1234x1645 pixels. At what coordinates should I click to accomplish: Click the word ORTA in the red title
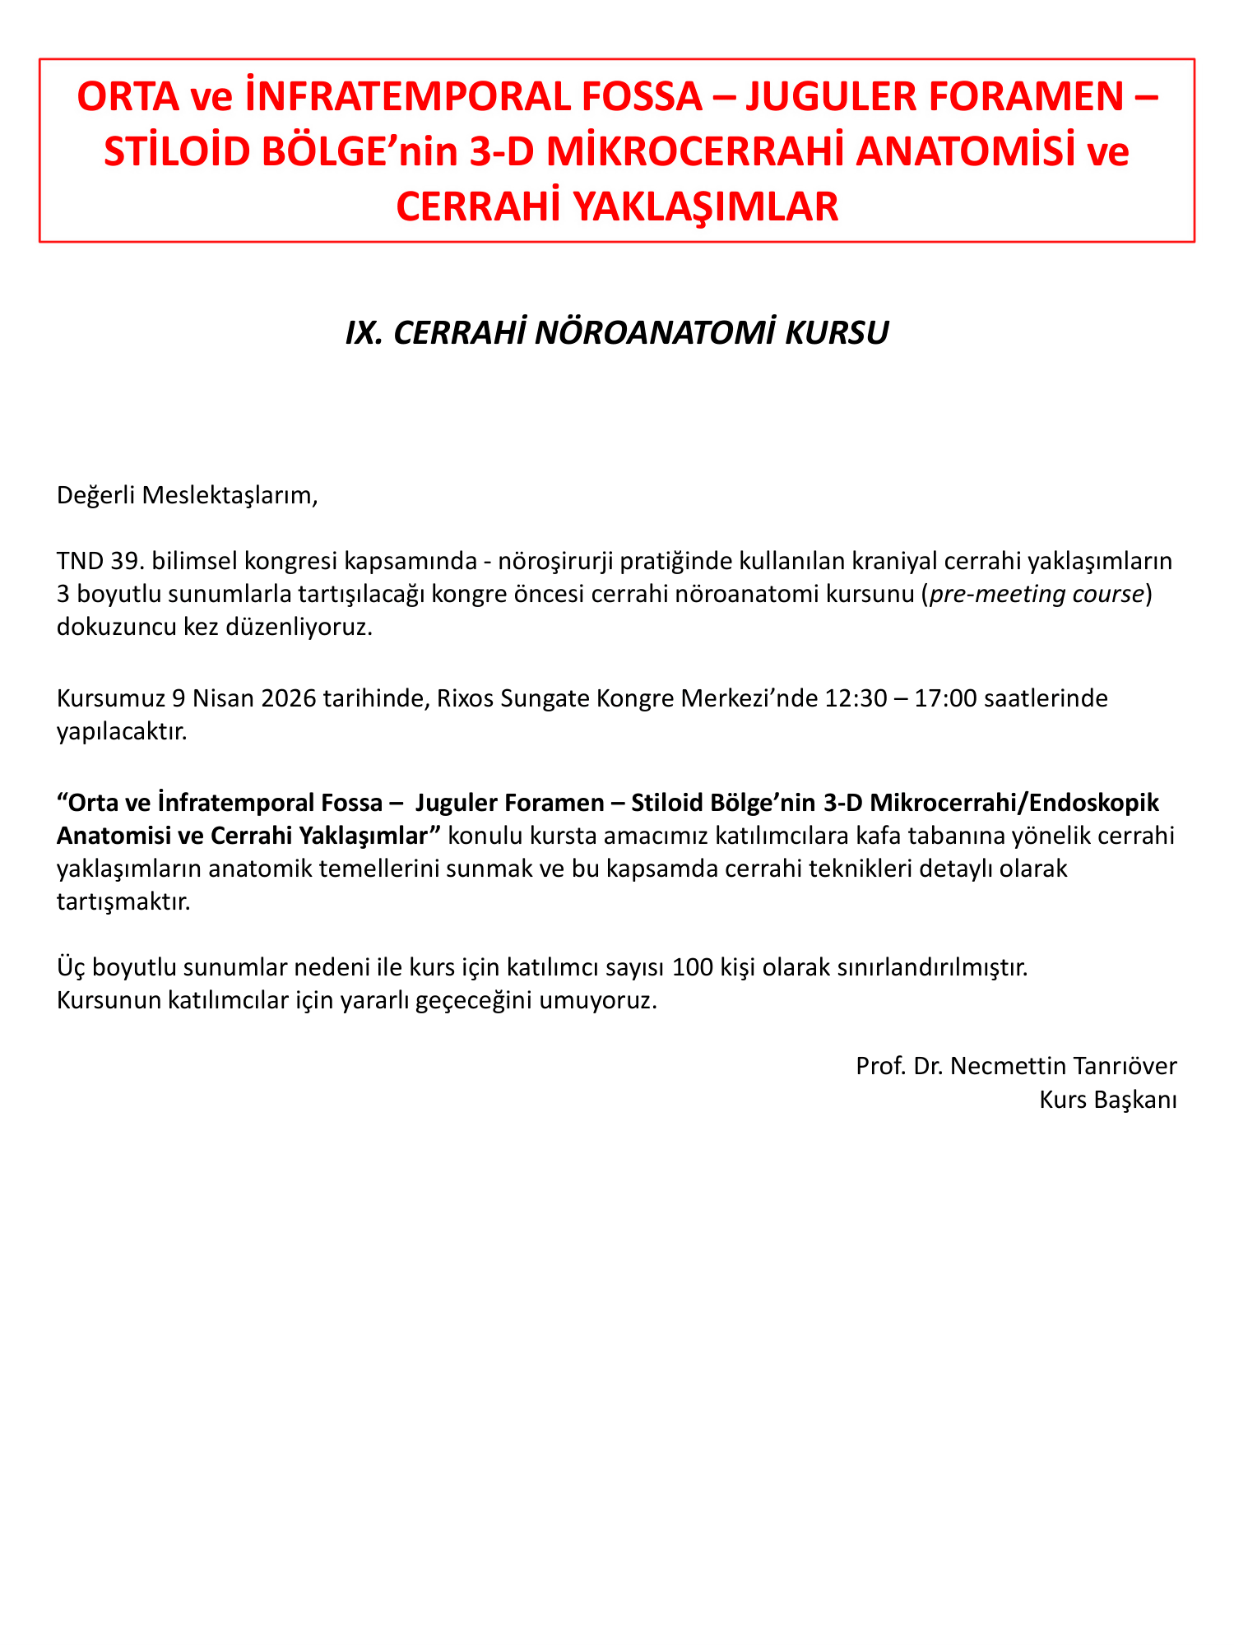point(128,98)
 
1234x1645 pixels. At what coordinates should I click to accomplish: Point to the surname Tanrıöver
point(1126,1066)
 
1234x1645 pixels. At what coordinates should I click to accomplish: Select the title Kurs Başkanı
point(1107,1100)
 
